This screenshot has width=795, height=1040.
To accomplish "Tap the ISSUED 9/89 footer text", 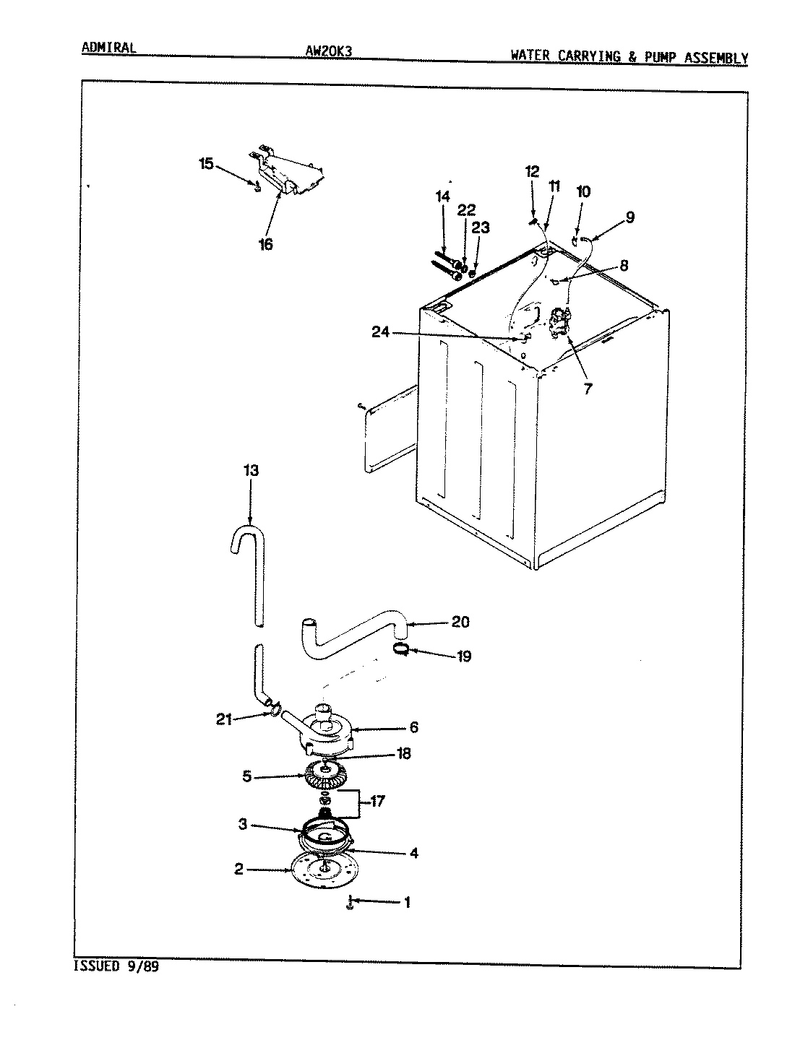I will coord(116,966).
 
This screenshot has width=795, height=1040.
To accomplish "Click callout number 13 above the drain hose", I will coord(250,471).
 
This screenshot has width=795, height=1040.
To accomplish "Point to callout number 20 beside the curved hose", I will coord(460,622).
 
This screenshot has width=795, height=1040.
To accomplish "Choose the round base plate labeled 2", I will coord(322,870).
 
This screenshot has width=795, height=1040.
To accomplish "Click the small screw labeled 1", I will coord(349,903).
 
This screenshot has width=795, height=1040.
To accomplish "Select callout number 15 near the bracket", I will coord(206,164).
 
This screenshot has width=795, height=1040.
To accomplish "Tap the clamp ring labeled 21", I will coord(272,714).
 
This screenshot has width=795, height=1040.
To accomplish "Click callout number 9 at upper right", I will coord(629,216).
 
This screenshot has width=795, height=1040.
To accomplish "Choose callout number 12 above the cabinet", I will coord(532,172).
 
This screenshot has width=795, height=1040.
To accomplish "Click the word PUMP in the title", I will coord(656,58).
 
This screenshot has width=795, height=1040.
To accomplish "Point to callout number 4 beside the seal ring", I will coord(413,853).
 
